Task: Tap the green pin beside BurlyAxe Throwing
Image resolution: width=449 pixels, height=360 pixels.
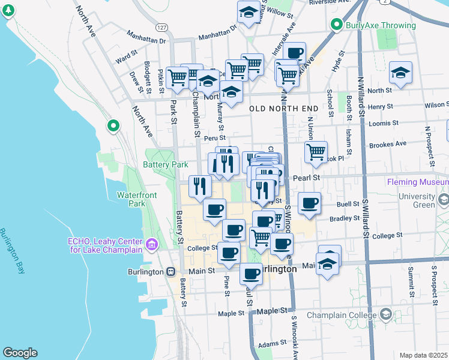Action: (337, 25)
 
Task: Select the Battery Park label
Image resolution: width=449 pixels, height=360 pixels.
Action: (166, 165)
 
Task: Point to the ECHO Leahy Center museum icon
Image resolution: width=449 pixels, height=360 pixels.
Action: (151, 245)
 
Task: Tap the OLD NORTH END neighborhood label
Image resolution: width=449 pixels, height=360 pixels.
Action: (283, 108)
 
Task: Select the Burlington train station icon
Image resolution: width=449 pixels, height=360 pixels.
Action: (171, 271)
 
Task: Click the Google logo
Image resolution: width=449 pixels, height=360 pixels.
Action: (20, 353)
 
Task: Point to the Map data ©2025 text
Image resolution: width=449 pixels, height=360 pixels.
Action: (423, 355)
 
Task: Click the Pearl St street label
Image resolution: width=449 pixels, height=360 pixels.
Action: (306, 178)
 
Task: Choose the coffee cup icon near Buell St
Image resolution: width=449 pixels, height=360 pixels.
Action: (310, 202)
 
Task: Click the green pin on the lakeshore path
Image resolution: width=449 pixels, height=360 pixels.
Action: (113, 126)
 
